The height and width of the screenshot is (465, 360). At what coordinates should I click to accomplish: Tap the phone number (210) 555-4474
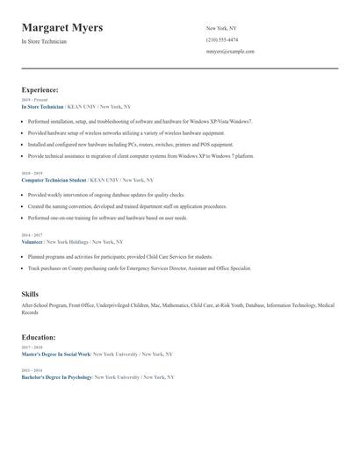click(x=221, y=40)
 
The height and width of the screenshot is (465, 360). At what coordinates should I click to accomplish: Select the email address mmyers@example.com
click(x=230, y=52)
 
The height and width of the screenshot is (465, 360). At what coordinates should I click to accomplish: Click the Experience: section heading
click(x=40, y=89)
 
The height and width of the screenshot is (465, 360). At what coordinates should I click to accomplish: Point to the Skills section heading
click(x=31, y=294)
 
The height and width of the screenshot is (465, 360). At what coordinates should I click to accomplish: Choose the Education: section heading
click(x=39, y=337)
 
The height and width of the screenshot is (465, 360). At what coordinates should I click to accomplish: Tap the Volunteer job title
click(x=32, y=241)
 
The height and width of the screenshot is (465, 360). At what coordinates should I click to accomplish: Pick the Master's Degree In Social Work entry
click(x=56, y=354)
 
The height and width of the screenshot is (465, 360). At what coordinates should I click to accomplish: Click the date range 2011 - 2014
click(x=31, y=370)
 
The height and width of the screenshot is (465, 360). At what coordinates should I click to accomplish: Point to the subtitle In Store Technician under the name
click(x=43, y=42)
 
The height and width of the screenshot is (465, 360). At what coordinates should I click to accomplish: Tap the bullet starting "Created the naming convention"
click(x=127, y=206)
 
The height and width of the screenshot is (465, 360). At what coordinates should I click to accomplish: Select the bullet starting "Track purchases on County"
click(x=139, y=268)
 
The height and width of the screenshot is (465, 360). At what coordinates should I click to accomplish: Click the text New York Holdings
click(x=66, y=241)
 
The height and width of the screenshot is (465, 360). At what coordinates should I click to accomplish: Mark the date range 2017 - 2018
click(x=31, y=348)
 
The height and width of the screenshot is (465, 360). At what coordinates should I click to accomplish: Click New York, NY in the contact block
click(x=220, y=29)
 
